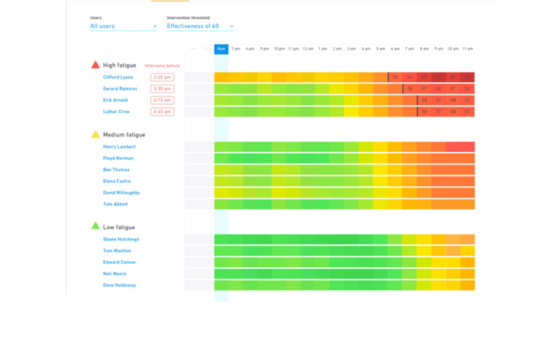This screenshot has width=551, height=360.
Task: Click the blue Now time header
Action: pos(221,49)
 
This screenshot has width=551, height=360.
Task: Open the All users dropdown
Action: pos(124,26)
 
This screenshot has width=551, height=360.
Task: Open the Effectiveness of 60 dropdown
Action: pos(200,26)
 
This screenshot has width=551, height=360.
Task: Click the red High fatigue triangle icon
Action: pos(96,65)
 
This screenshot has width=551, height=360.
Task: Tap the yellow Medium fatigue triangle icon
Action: pos(96,135)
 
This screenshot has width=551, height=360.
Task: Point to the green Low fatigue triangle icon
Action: pos(96,226)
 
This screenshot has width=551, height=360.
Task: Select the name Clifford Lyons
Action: pos(118,77)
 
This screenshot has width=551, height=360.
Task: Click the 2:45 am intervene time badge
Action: pos(162,77)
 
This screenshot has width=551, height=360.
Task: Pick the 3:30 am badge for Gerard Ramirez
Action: pos(162,89)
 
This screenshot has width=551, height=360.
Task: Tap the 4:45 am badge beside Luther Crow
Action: pos(162,112)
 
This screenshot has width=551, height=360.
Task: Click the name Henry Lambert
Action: pos(119,147)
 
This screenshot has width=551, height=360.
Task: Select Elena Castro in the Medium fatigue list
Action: pos(117,181)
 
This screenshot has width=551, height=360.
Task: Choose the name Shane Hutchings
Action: pos(121,239)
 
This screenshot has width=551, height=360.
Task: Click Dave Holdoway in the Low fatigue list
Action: pos(119,285)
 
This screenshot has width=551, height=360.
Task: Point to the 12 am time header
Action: pos(308,49)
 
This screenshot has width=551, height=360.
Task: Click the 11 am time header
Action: pos(467,49)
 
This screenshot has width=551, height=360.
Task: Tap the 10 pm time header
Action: pos(279,49)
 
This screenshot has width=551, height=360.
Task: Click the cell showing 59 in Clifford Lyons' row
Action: pos(395,77)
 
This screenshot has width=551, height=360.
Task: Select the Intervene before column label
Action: pos(162,66)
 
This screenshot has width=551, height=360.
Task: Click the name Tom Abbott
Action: pos(115,204)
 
